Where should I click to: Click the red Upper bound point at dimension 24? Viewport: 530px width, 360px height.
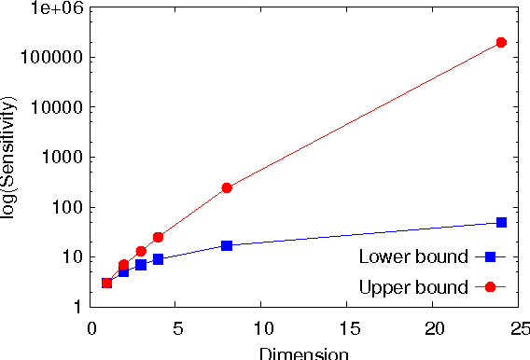click(x=501, y=43)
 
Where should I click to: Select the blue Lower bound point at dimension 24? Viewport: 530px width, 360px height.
click(x=501, y=222)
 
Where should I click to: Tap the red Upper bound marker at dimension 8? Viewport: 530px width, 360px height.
click(x=227, y=187)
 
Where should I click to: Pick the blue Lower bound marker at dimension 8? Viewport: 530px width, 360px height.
click(x=227, y=245)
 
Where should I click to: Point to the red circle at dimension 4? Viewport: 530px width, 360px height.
click(x=158, y=237)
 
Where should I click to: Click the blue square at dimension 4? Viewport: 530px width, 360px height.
click(x=158, y=259)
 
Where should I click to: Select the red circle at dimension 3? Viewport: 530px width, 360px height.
click(x=141, y=251)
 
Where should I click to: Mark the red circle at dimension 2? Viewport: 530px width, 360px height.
click(x=123, y=265)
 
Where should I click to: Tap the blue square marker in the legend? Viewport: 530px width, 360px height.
click(x=490, y=256)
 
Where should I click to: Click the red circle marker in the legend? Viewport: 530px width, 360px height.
click(x=490, y=286)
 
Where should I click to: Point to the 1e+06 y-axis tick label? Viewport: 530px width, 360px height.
click(x=59, y=7)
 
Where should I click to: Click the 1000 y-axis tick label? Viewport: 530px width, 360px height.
click(x=63, y=158)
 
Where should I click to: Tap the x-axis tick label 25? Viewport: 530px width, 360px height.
click(x=519, y=328)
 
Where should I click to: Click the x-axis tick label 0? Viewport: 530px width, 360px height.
click(x=91, y=328)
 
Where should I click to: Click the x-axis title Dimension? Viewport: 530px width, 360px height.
click(x=303, y=353)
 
